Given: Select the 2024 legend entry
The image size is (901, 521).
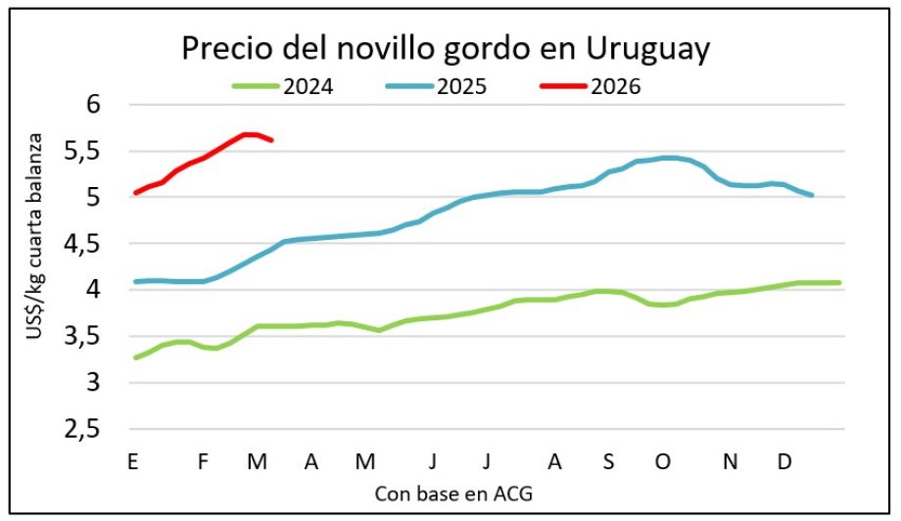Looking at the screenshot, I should click(308, 86).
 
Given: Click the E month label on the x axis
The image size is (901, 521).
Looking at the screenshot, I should click(132, 461).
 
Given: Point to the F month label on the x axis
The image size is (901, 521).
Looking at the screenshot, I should click(203, 461).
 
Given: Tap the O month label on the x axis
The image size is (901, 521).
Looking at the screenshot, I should click(664, 461).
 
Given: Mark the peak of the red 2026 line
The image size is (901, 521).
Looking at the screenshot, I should click(250, 134).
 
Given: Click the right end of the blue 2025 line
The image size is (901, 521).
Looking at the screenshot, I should click(812, 195).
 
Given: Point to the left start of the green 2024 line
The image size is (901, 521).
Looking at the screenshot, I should click(135, 357).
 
